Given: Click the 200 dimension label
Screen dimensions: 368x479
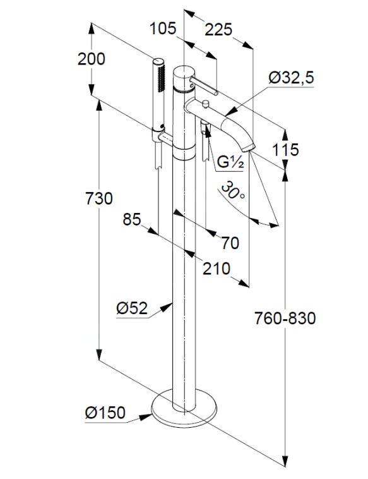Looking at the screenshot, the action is [x=92, y=59].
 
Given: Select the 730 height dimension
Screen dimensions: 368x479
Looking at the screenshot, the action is [x=98, y=198].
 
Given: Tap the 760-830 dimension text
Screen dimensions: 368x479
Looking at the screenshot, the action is [x=285, y=318].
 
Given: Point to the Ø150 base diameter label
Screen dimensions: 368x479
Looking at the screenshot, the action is [x=105, y=413].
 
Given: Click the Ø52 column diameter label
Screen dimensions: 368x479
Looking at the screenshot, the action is [x=132, y=308].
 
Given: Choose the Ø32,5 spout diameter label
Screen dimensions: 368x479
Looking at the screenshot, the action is [x=291, y=78].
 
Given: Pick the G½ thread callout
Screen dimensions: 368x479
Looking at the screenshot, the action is [x=230, y=162].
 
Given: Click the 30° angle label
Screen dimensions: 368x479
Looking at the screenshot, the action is [x=232, y=190].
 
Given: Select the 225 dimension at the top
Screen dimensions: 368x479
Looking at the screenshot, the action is [x=218, y=30].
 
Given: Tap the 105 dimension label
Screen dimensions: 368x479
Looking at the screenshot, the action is [x=163, y=28].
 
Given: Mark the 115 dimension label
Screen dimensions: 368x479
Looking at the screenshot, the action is [x=285, y=150].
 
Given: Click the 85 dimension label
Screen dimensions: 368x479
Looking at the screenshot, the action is [x=132, y=219].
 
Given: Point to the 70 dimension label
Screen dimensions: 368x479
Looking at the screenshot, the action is [x=230, y=243].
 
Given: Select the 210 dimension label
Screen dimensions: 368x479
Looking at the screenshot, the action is [x=217, y=269].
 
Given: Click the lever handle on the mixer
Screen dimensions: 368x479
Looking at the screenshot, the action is [x=204, y=86].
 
